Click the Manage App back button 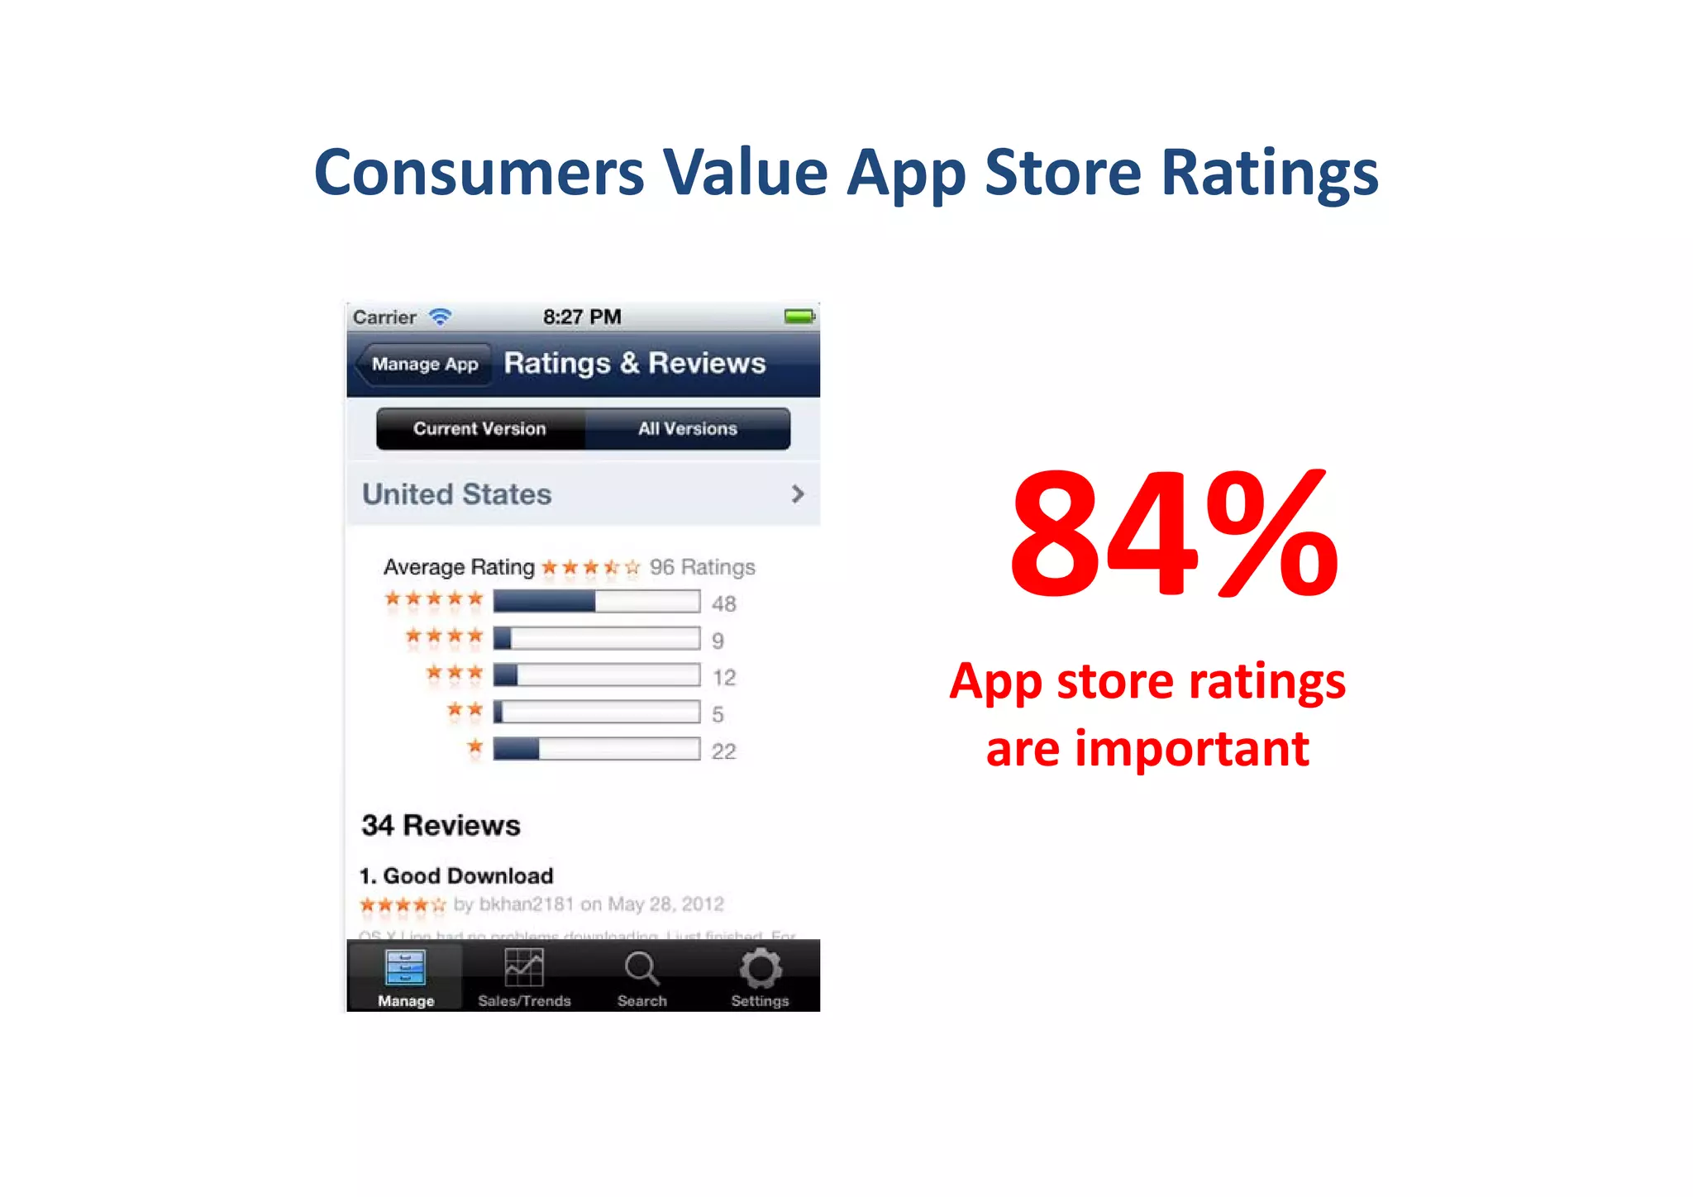(x=423, y=365)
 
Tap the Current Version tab (x=479, y=429)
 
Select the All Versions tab (x=687, y=429)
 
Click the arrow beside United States (x=797, y=494)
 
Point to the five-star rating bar (x=596, y=602)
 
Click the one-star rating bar (x=596, y=750)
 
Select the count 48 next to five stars (x=723, y=604)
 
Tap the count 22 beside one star (x=723, y=751)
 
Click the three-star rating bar (x=596, y=675)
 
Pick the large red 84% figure (x=1173, y=533)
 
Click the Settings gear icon (x=760, y=969)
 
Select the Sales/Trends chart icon (x=524, y=968)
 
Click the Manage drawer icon (x=406, y=968)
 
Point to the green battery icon (x=799, y=317)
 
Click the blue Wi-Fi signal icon (x=441, y=317)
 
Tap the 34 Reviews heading (x=441, y=826)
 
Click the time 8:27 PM (x=582, y=317)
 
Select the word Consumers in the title (x=479, y=173)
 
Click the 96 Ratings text (x=702, y=567)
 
